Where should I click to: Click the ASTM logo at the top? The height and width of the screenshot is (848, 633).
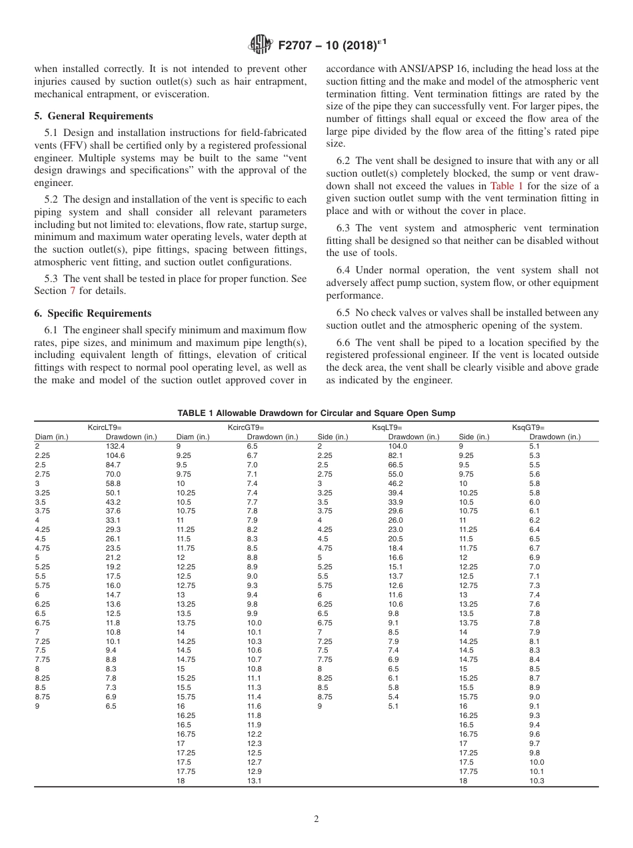[x=259, y=45]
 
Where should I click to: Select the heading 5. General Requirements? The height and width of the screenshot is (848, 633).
[x=93, y=116]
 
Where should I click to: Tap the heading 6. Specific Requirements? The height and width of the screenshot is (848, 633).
[x=93, y=313]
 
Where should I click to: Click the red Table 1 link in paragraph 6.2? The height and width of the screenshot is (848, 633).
[x=506, y=186]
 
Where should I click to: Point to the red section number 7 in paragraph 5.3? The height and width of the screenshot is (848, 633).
[x=73, y=291]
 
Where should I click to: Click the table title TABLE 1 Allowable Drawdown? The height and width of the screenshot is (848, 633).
[x=316, y=413]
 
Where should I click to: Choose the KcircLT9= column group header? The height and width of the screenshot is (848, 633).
[x=105, y=427]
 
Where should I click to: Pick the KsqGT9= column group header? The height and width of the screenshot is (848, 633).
[x=528, y=427]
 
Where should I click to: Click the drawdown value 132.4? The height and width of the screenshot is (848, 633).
[x=115, y=446]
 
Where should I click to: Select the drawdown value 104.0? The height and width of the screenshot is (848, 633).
[x=397, y=446]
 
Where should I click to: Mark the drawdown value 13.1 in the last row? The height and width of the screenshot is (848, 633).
[x=254, y=781]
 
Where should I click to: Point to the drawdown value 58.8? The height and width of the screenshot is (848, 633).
[x=113, y=483]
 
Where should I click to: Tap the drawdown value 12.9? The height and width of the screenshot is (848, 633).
[x=254, y=771]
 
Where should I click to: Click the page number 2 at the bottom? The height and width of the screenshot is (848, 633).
[x=316, y=819]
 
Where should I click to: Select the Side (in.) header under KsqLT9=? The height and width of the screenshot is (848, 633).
[x=332, y=437]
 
